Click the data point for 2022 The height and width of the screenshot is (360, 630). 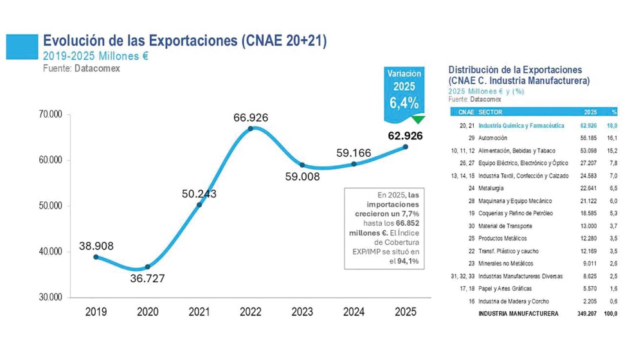[x=251, y=128]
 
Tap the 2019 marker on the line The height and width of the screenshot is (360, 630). [x=96, y=256]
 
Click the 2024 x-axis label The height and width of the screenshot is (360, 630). [x=354, y=312]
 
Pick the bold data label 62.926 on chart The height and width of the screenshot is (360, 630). [x=405, y=136]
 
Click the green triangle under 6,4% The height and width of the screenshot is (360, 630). [x=419, y=119]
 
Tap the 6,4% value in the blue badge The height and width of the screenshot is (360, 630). [x=404, y=102]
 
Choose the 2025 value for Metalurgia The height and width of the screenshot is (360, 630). [x=588, y=188]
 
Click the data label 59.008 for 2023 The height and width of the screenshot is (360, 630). [x=302, y=176]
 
